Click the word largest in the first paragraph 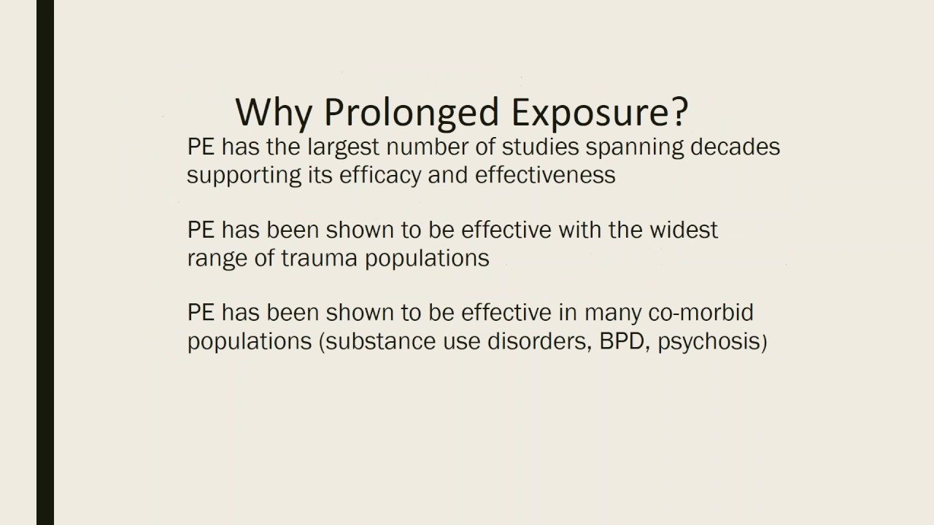(344, 147)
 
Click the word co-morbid (700, 313)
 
